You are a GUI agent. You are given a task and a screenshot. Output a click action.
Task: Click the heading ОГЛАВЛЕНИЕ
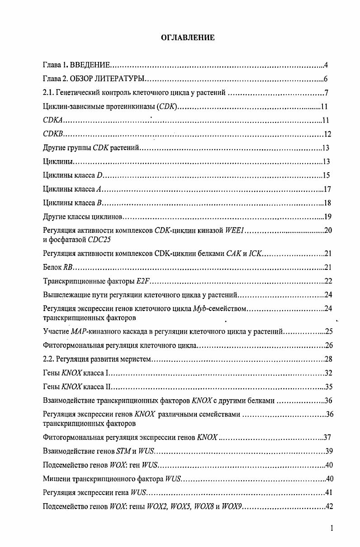point(188,38)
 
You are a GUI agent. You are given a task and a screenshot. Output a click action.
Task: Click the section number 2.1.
point(48,94)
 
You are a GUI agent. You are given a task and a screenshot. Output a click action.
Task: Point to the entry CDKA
point(52,121)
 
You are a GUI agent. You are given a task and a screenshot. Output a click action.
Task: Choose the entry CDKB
point(52,134)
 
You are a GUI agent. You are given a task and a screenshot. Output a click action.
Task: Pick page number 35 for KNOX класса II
point(329,387)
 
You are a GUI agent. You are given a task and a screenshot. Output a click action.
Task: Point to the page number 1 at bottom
point(332,528)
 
